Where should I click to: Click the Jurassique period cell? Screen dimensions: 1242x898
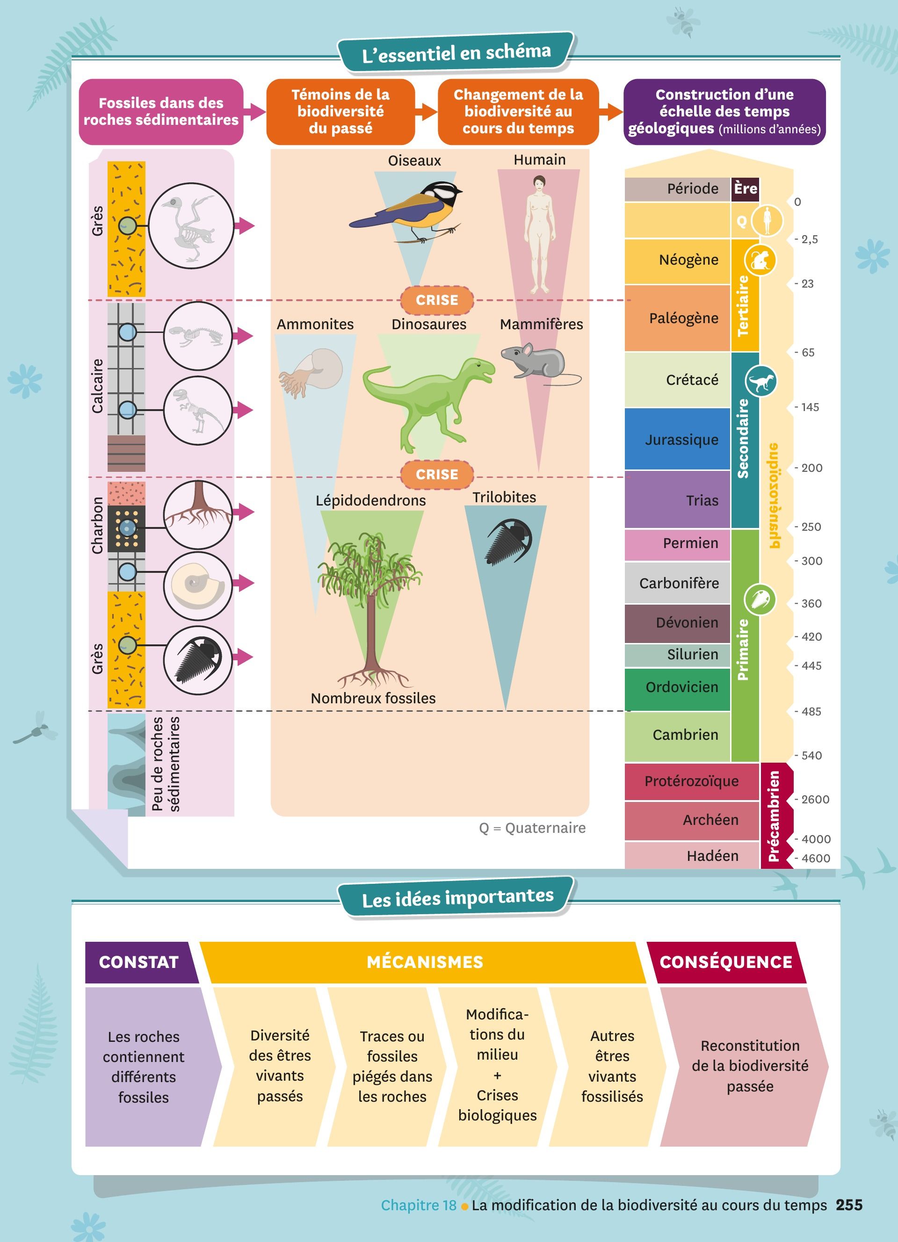click(677, 439)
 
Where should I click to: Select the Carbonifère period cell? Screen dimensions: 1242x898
click(677, 583)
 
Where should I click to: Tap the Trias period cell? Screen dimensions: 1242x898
click(677, 499)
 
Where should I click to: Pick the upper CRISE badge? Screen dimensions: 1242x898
click(436, 300)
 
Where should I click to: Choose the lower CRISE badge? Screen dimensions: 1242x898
click(436, 474)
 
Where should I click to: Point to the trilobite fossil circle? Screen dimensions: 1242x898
click(198, 660)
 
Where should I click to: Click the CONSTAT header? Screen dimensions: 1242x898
click(139, 962)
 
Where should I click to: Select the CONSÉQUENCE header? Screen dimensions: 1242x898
click(725, 962)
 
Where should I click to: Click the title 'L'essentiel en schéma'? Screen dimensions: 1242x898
click(456, 52)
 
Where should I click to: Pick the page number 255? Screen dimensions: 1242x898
click(849, 1205)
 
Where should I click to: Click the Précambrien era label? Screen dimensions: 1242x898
click(774, 816)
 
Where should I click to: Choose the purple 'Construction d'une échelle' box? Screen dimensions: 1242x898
click(724, 112)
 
